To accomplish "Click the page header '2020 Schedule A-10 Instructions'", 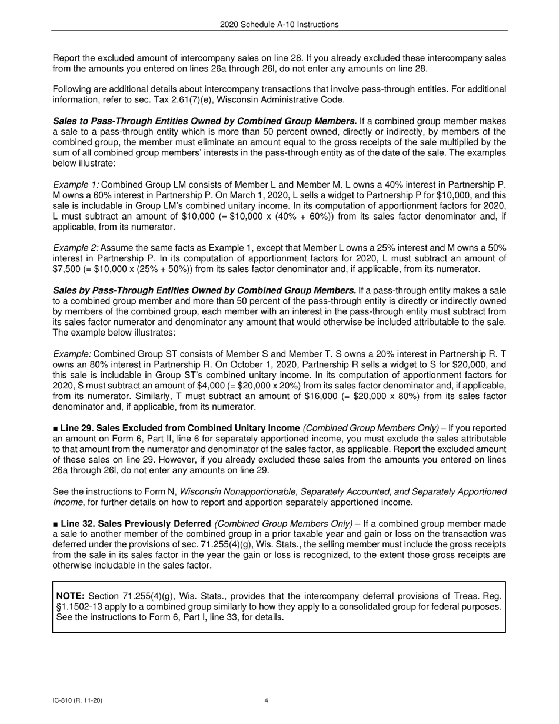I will [279, 24].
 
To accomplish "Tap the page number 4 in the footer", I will [266, 700].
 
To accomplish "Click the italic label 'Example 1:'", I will [76, 185].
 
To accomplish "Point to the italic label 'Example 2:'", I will [76, 248].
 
